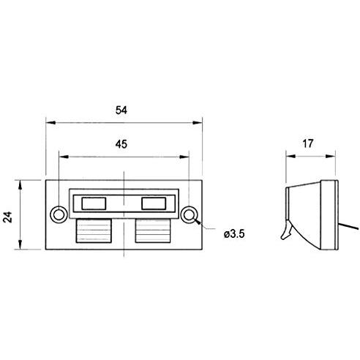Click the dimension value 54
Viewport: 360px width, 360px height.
(x=121, y=110)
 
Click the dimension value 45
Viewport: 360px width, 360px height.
(x=121, y=144)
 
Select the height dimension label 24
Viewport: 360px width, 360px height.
(x=7, y=217)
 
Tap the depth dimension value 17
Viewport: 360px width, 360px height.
(x=307, y=143)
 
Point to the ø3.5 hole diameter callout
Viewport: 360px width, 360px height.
(x=234, y=234)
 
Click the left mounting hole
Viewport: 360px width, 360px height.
(x=59, y=215)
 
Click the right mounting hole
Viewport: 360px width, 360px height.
(x=189, y=215)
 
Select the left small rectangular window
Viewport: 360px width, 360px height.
(x=94, y=203)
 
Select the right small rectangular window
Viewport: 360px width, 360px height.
(x=154, y=203)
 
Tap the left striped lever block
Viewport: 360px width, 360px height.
(x=94, y=230)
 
